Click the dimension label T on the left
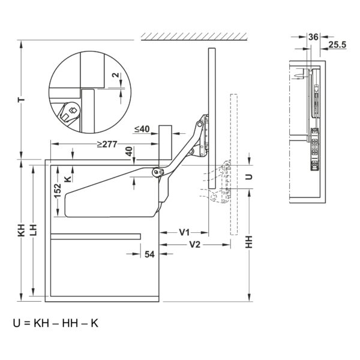click(22, 100)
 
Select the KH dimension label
click(22, 230)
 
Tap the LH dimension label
click(34, 230)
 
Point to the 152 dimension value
click(58, 190)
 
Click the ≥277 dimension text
click(107, 144)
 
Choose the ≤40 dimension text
click(142, 129)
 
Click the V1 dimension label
click(184, 233)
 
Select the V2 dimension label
click(195, 245)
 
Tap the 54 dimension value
click(149, 254)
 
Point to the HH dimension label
click(249, 242)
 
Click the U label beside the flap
click(249, 177)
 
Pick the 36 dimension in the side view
click(313, 37)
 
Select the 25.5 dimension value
click(337, 44)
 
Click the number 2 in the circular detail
click(116, 75)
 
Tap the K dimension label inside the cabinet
click(68, 179)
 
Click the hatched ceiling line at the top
click(194, 37)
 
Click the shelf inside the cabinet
click(95, 236)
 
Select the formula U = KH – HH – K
click(56, 323)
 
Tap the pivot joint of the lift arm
click(157, 172)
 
